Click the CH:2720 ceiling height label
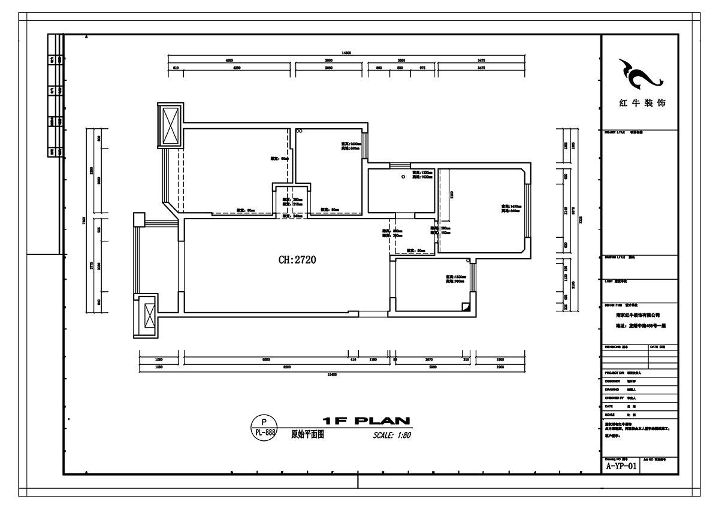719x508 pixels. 297,260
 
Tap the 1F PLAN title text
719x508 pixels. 365,421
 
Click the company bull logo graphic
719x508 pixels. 639,74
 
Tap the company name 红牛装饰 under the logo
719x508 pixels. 640,103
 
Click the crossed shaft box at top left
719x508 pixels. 171,124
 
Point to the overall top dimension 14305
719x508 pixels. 346,53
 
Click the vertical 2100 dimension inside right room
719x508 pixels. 452,193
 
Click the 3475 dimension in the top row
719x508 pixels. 481,61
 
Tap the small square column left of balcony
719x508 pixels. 138,219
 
